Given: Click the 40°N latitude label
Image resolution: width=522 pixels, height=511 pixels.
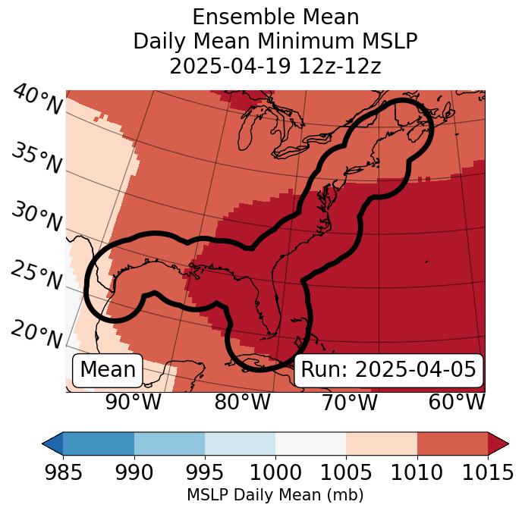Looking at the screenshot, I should [37, 100].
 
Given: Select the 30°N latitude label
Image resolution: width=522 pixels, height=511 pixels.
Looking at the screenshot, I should [36, 217].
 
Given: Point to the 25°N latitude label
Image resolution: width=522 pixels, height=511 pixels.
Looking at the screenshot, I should [36, 275].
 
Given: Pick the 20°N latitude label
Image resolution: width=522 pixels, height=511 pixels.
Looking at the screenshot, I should [36, 334].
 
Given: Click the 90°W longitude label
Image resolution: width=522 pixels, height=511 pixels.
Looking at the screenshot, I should [133, 402].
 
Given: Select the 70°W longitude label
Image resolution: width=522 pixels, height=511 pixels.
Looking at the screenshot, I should [350, 402].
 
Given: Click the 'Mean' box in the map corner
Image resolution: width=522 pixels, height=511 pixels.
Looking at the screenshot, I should [108, 370].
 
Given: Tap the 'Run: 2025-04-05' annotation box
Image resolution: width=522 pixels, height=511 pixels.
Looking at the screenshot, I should [388, 370].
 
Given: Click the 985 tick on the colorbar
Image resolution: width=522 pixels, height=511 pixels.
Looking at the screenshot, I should [63, 472].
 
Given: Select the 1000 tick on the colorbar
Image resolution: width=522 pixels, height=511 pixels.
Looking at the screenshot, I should [275, 472].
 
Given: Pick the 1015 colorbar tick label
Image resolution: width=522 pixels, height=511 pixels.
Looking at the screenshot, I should [488, 472].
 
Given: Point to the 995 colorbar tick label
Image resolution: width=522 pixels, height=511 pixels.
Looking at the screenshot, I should [205, 472].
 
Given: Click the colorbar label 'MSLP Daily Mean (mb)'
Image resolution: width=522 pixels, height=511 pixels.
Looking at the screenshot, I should [275, 496].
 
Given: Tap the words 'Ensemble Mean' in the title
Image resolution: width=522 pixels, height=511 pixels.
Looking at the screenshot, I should [275, 17].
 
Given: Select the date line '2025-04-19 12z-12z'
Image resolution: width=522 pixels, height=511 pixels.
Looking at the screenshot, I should [275, 66].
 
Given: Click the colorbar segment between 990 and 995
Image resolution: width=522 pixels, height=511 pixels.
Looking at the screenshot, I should [169, 443].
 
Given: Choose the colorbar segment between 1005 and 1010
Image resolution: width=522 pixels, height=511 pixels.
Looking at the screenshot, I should [382, 443].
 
